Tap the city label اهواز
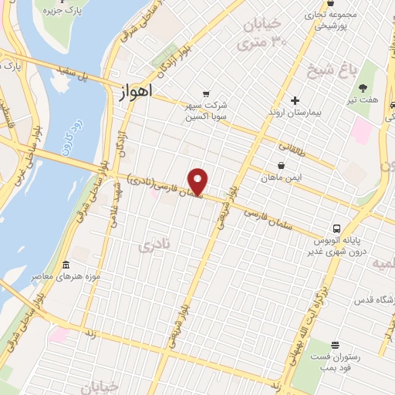click(137, 91)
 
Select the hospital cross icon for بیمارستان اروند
click(295, 100)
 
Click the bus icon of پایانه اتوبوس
click(336, 228)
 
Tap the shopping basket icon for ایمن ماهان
click(281, 165)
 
